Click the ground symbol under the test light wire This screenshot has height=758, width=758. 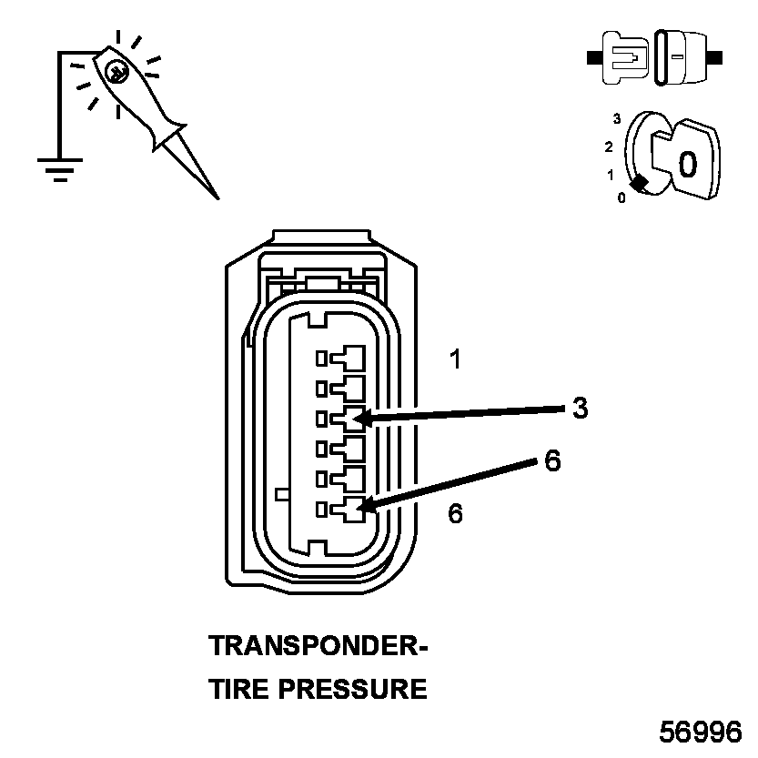click(60, 169)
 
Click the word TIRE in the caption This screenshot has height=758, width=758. click(239, 689)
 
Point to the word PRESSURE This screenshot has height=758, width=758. click(352, 689)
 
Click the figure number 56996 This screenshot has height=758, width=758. click(701, 733)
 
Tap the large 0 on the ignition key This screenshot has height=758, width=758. click(688, 164)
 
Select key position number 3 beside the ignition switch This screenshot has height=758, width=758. click(617, 118)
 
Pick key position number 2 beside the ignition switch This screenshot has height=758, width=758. click(609, 146)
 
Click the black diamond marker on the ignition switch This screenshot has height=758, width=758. click(640, 183)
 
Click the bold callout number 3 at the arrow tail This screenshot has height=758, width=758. click(580, 408)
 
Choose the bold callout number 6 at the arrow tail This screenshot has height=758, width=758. click(552, 461)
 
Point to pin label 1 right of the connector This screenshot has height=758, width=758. click(455, 359)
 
